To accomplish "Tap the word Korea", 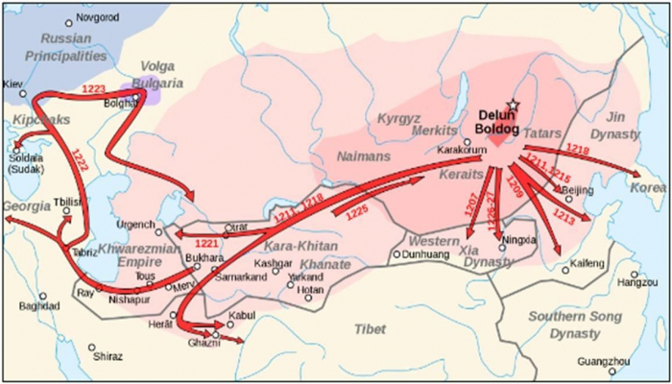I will pyautogui.click(x=648, y=188).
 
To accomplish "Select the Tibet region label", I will pyautogui.click(x=370, y=329).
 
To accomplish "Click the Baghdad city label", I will pyautogui.click(x=39, y=307).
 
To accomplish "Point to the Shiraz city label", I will pyautogui.click(x=108, y=356).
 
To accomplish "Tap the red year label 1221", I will pyautogui.click(x=208, y=244).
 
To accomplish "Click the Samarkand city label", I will pyautogui.click(x=241, y=277).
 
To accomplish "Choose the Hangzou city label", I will pyautogui.click(x=637, y=282).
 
